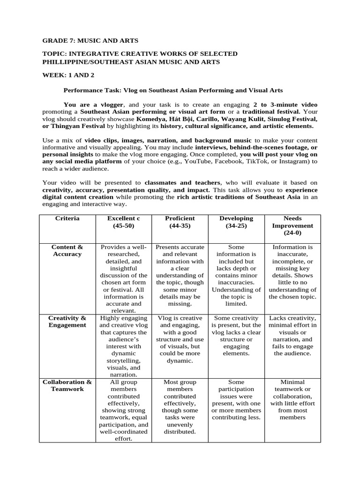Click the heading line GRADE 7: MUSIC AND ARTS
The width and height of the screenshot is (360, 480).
(90, 41)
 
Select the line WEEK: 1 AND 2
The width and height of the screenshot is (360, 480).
(71, 75)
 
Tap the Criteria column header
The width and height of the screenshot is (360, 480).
(67, 218)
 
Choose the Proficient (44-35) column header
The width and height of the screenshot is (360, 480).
(180, 222)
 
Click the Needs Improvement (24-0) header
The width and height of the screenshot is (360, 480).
(292, 225)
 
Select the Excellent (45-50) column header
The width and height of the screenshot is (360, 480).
(123, 222)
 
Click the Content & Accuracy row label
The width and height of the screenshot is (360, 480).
(67, 250)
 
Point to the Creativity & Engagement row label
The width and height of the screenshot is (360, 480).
(67, 322)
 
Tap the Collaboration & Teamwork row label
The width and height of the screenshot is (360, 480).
(67, 385)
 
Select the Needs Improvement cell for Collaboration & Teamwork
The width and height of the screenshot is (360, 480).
(292, 399)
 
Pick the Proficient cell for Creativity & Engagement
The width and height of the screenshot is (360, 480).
(180, 339)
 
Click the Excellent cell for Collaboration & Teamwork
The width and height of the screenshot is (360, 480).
(123, 410)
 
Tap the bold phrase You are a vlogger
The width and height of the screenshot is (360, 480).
(94, 105)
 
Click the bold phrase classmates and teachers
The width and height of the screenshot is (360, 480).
(182, 183)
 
